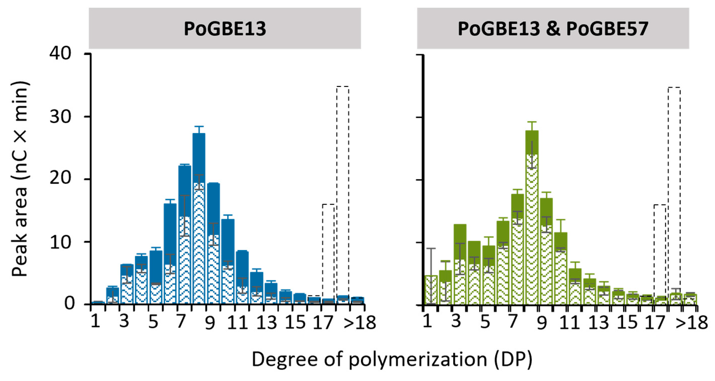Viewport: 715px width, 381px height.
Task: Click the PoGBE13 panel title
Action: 225,29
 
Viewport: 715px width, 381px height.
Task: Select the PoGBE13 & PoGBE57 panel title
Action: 553,29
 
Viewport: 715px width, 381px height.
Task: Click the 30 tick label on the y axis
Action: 61,117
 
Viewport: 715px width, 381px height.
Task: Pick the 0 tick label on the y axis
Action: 69,304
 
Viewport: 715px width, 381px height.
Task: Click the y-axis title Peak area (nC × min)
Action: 20,179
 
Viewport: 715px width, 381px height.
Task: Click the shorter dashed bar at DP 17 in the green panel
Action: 660,250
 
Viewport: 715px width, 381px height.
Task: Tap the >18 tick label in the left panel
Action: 360,323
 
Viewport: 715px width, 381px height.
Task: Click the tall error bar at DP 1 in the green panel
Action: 430,275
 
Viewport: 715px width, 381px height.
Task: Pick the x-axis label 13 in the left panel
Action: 267,323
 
